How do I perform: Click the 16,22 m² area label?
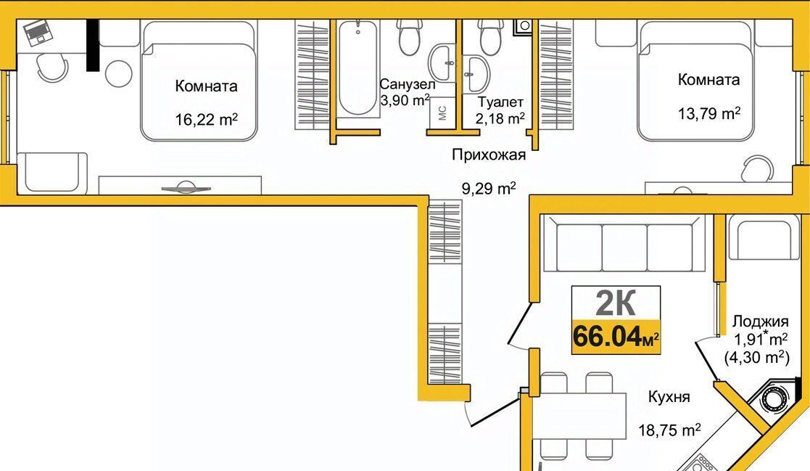[206, 120]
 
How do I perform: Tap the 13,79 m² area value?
[709, 113]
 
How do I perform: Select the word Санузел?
[408, 84]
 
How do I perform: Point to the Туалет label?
[500, 102]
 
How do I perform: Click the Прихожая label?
[489, 155]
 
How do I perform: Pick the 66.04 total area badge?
[616, 337]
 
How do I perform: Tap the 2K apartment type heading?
[616, 303]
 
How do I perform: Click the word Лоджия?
[761, 321]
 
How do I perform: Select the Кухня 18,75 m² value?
[669, 430]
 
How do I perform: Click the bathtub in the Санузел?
[358, 67]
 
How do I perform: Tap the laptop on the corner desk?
[38, 32]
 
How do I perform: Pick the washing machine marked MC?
[442, 112]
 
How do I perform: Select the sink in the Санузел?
[442, 63]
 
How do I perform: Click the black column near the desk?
[93, 45]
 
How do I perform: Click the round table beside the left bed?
[119, 74]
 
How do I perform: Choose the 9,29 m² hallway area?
[489, 188]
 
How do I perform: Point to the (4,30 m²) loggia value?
[756, 357]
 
